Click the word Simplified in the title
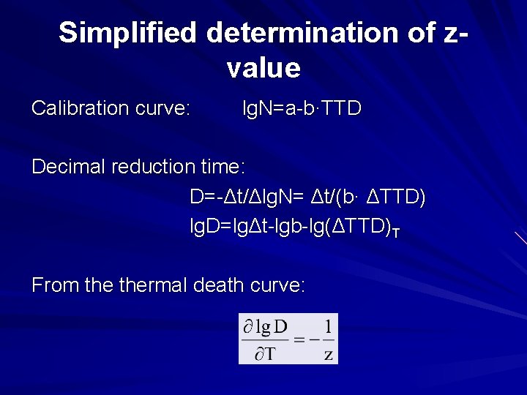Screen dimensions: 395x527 129,33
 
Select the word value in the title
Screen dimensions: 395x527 263,68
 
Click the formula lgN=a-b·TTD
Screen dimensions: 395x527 302,109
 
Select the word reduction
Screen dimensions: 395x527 153,167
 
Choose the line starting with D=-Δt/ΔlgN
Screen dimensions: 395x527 307,197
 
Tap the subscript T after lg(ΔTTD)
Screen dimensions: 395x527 395,233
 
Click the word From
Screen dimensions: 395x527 56,285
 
